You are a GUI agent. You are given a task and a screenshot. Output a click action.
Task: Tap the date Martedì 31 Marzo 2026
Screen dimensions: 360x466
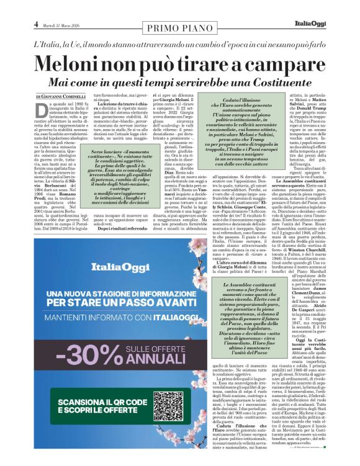coord(60,25)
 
